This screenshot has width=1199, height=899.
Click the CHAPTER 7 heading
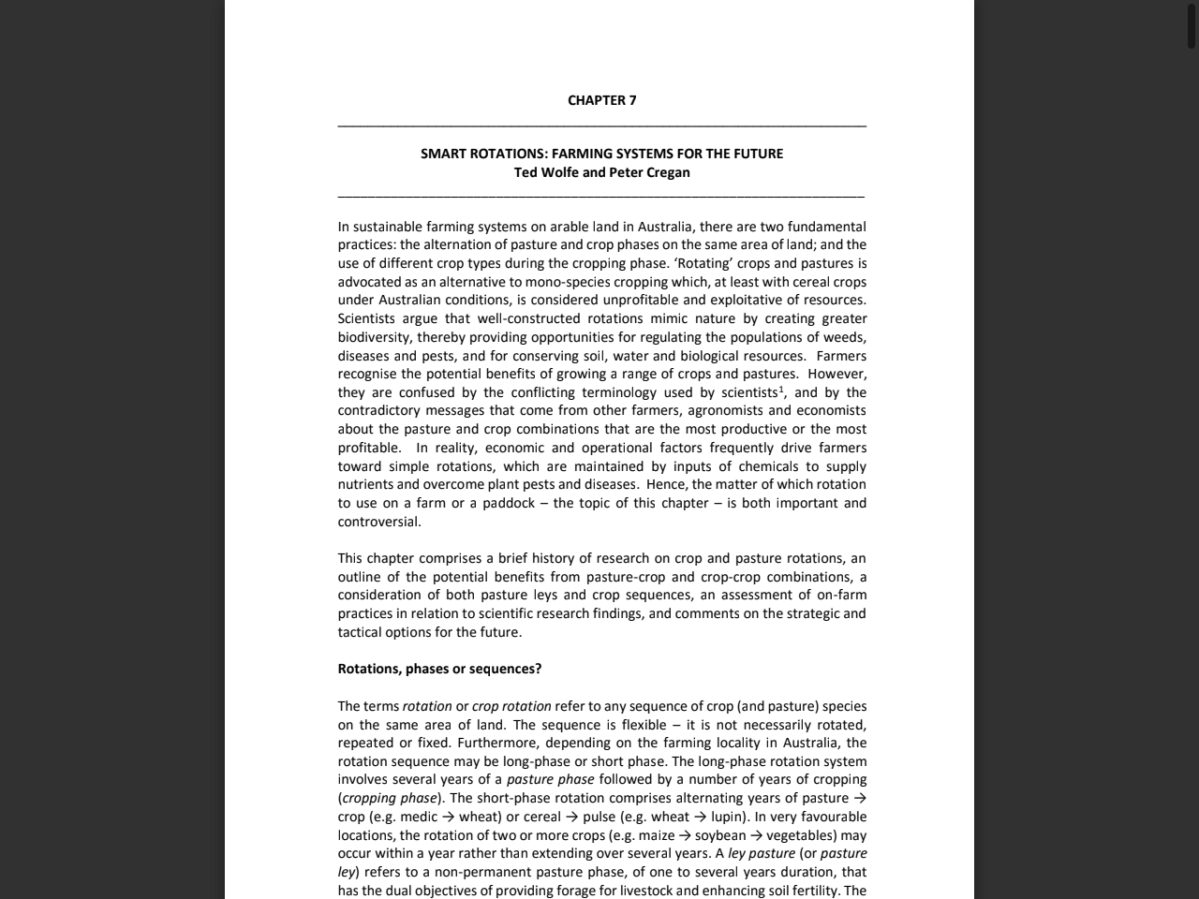tap(601, 100)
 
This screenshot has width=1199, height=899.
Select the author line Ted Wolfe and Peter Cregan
tap(601, 172)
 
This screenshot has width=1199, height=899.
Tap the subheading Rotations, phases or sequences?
tap(439, 669)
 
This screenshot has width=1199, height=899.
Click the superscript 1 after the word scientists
tap(781, 389)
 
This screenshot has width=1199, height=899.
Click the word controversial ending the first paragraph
tap(378, 522)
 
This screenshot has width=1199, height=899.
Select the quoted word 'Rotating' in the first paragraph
tap(703, 263)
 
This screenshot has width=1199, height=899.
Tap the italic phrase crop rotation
tap(511, 706)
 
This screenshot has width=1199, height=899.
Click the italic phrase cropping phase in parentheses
tap(390, 798)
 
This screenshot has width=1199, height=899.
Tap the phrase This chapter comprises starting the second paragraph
tap(409, 558)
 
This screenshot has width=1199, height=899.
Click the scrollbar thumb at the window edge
tap(1192, 26)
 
